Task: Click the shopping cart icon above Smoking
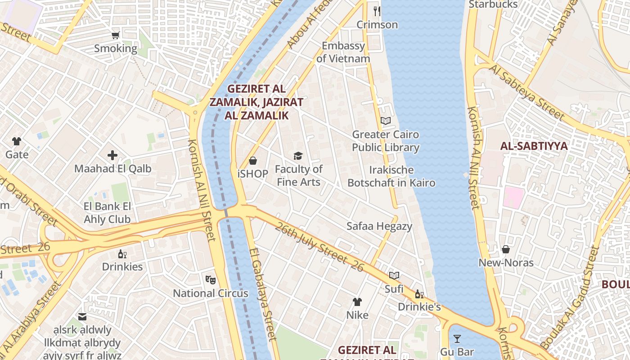[116, 35]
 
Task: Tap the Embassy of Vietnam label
[343, 52]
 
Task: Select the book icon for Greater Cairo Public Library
[386, 121]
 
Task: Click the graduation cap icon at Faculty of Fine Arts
[298, 156]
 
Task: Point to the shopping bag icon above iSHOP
[253, 160]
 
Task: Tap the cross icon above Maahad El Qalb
[112, 156]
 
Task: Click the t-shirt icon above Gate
[17, 141]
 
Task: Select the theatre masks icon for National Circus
[211, 280]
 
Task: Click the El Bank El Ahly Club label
[107, 213]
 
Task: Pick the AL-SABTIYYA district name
[534, 146]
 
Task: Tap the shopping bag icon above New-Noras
[506, 249]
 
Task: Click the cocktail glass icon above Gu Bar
[457, 339]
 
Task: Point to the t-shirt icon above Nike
[357, 301]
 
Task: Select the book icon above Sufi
[394, 275]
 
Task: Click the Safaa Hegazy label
[379, 226]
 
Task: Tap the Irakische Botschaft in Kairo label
[391, 176]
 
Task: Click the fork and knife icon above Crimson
[377, 11]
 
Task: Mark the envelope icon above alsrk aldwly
[82, 317]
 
